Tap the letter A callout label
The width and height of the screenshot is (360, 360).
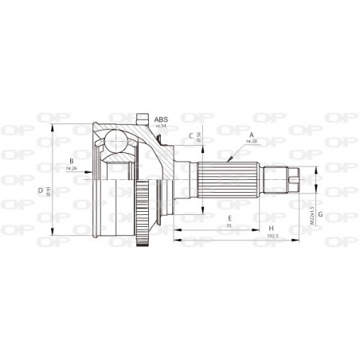[x=252, y=134]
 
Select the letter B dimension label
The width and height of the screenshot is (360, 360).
[x=71, y=162]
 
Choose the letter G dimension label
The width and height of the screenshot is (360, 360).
[x=319, y=215]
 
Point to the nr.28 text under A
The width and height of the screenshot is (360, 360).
[x=252, y=141]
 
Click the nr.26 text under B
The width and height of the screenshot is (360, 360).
[x=71, y=169]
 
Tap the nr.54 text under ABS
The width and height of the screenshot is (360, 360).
[x=162, y=126]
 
